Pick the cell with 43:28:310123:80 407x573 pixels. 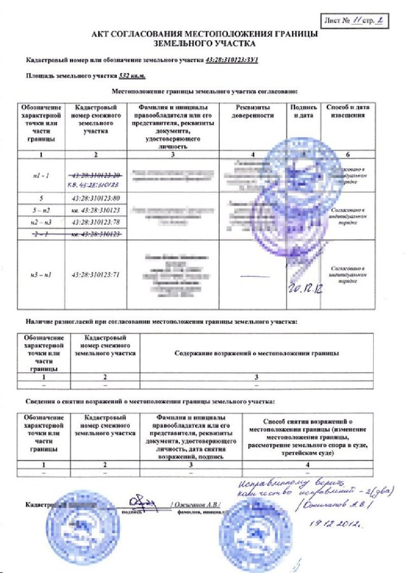coord(96,198)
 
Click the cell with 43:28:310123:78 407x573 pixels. coord(96,222)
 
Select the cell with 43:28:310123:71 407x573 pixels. coord(96,274)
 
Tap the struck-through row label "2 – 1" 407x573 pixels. coord(41,233)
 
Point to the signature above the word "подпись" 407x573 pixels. coord(141,502)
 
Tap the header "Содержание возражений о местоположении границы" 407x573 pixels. coord(256,353)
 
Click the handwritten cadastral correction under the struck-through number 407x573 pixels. coord(95,184)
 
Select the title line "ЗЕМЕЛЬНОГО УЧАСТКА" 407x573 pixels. coord(204,44)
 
